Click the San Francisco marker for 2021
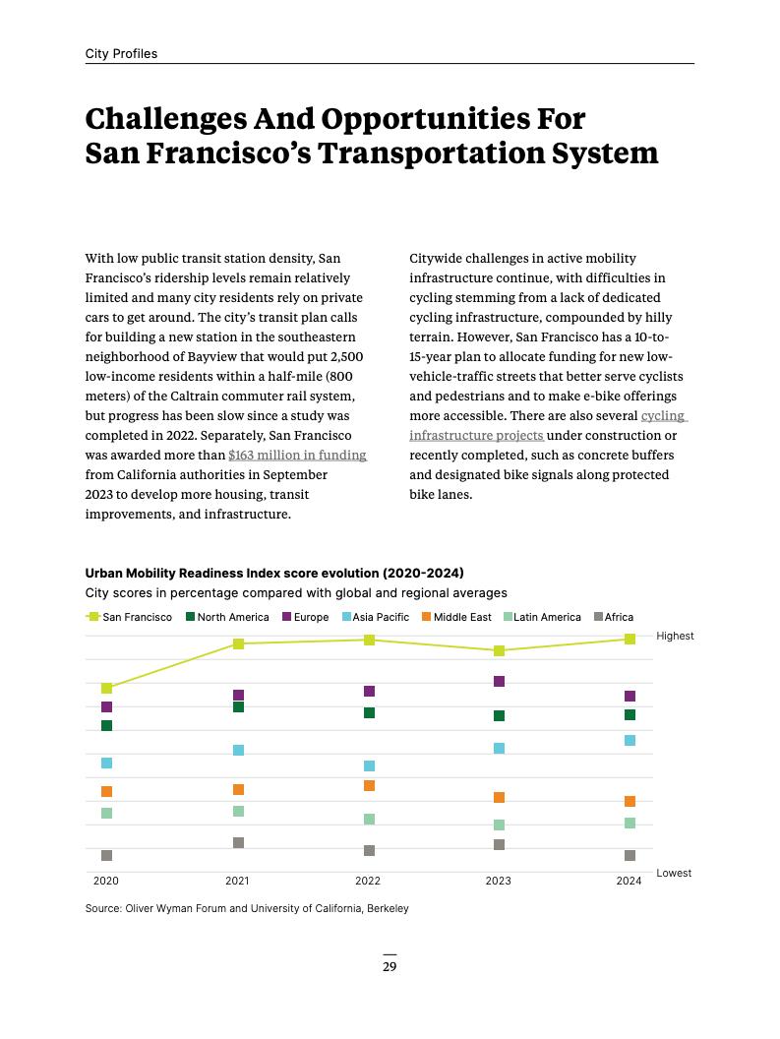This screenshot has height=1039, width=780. point(238,643)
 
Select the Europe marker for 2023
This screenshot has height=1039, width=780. point(499,681)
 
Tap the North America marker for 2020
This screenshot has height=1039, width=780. point(106,725)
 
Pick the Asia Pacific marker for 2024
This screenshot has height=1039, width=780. point(630,740)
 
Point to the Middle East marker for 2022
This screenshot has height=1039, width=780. point(369,785)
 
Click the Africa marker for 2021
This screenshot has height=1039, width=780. point(238,842)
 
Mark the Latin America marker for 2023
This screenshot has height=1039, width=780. point(499,825)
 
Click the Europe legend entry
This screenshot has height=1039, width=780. point(305,617)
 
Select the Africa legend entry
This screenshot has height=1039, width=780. point(613,617)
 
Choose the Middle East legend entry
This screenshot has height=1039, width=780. point(455,617)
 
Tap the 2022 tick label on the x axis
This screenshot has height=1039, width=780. point(368,881)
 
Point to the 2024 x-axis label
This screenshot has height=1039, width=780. point(629,881)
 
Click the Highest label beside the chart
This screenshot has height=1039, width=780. point(675,636)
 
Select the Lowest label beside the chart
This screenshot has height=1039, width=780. point(674,873)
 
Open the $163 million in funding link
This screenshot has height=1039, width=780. point(297,455)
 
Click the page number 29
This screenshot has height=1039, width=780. point(390,966)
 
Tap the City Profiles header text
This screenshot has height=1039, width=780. point(121,53)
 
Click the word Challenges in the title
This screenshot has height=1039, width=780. point(164,119)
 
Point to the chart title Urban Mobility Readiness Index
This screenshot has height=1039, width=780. point(274,573)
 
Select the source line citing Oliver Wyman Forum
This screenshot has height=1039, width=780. point(247,908)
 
